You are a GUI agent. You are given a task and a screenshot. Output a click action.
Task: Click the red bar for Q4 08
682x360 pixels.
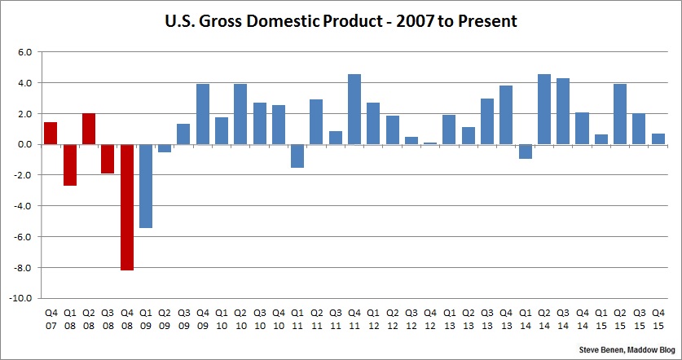point(127,207)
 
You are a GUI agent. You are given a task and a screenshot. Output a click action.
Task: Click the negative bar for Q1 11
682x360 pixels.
point(297,156)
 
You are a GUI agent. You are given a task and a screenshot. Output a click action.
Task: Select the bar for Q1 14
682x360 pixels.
point(525,151)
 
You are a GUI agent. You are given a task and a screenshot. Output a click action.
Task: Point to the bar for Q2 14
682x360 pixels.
point(544,109)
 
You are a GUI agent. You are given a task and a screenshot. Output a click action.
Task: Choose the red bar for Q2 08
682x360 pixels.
point(89,129)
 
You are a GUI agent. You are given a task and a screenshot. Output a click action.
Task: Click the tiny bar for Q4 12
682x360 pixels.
point(430,143)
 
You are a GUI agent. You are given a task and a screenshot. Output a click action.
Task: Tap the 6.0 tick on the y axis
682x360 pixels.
point(24,52)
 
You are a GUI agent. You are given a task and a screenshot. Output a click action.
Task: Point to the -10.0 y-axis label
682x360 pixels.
point(22,298)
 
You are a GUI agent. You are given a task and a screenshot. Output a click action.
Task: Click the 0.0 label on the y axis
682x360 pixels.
point(24,144)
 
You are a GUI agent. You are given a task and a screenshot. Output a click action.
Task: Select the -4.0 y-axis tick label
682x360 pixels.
point(23,206)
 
